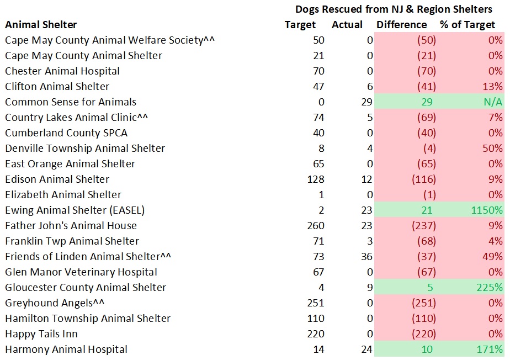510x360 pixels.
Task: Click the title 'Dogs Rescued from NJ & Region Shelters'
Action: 394,9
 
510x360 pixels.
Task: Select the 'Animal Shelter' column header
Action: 41,25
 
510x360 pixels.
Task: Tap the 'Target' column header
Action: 300,25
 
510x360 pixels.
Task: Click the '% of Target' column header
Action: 467,25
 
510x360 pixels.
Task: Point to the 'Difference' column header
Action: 401,25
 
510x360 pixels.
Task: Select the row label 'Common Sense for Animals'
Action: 71,102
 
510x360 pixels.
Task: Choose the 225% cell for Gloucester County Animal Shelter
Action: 490,288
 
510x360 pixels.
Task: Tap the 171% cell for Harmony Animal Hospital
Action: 490,350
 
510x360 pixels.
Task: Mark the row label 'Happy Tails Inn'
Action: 41,334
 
